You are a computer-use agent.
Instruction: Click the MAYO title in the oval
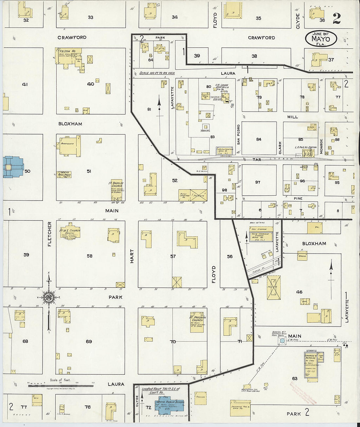[x=321, y=39]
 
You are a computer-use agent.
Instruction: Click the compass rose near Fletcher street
[x=49, y=297]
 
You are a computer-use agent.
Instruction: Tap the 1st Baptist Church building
[x=116, y=189]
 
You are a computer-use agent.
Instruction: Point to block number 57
[x=173, y=256]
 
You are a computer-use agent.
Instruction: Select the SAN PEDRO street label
[x=239, y=134]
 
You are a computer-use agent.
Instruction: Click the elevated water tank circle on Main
[x=281, y=341]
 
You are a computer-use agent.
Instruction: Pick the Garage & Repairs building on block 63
[x=311, y=365]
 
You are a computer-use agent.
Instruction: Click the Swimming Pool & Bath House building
[x=240, y=408]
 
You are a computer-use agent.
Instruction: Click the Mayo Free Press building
[x=65, y=174]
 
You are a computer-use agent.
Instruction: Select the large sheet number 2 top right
[x=337, y=19]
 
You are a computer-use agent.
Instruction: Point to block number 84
[x=259, y=139]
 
